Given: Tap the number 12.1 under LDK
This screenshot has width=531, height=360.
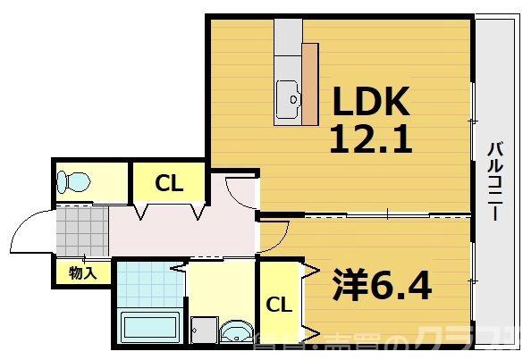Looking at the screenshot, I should click(371, 138).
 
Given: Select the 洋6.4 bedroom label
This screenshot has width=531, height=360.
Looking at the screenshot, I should click(382, 285).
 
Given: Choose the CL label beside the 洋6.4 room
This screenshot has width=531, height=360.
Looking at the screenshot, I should click(279, 304).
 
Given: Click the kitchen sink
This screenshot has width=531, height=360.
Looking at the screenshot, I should click(289, 97).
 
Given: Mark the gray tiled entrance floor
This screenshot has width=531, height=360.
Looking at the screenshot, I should click(82, 230).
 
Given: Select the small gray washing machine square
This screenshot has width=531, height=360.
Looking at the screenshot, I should click(204, 331).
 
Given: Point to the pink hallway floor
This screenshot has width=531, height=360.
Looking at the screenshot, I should click(179, 236).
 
